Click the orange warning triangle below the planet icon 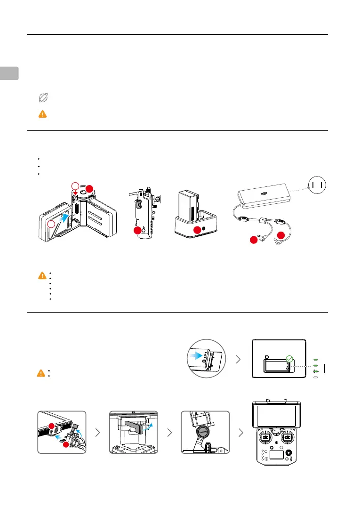[42, 113]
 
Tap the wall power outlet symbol [316, 186]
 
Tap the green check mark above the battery [289, 359]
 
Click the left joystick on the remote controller [265, 437]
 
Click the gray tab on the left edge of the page [9, 73]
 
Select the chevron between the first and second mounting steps [97, 432]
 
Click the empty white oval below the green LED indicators [316, 377]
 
